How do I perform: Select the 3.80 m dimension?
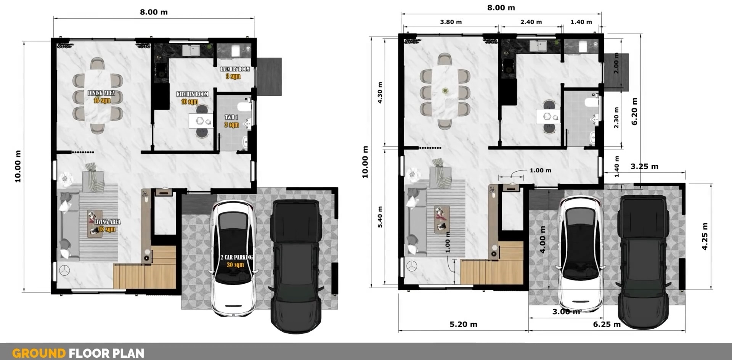[451, 22]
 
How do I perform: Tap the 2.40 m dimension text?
[531, 22]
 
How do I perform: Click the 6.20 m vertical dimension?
[634, 111]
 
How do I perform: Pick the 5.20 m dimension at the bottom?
[463, 325]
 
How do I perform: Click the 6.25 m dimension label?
[607, 325]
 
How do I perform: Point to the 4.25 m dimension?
[705, 236]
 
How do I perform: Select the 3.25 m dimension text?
[644, 166]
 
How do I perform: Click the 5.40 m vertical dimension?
[380, 217]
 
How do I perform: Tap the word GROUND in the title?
[39, 353]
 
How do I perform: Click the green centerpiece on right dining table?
[445, 91]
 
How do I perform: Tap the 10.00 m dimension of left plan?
[18, 166]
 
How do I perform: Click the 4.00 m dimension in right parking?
[543, 239]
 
